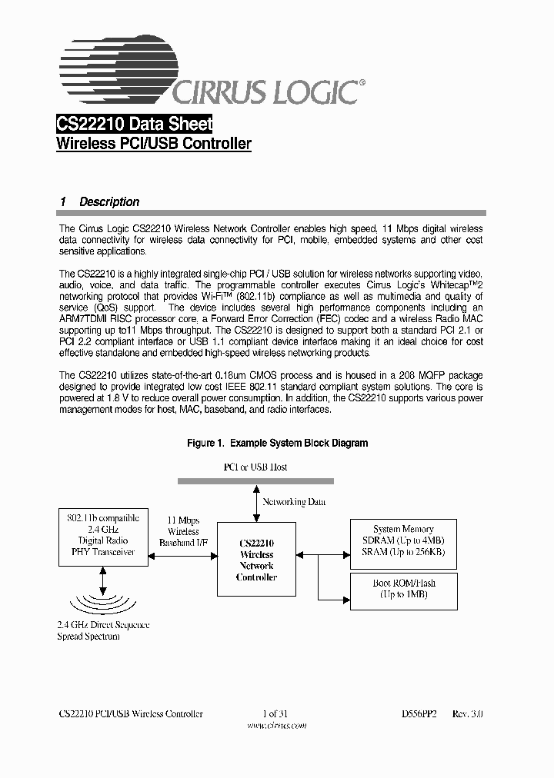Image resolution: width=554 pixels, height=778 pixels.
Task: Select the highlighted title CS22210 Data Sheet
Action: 135,125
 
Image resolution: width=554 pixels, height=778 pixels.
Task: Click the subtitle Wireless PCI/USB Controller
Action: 154,144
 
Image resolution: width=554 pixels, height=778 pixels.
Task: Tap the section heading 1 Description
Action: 100,202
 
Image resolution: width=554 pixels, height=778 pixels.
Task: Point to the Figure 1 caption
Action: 278,443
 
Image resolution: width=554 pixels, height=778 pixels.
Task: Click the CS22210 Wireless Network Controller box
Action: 256,559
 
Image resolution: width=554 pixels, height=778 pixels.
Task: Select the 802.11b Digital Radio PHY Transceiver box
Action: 104,536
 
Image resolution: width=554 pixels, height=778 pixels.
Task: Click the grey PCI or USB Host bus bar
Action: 255,481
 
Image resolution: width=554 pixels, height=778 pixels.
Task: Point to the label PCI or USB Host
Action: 255,467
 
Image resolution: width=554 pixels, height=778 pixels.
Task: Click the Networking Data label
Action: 294,502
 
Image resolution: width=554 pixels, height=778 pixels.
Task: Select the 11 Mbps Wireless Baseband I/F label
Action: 183,531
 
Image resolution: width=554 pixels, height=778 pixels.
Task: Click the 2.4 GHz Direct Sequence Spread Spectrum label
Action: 103,630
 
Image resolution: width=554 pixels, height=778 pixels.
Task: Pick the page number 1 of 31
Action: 275,713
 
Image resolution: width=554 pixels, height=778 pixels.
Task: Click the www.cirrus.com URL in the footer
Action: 276,724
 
